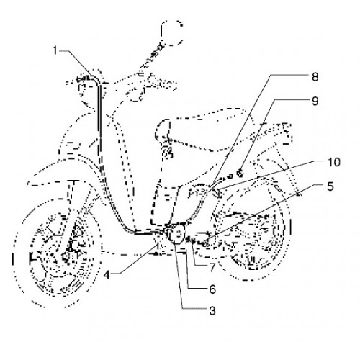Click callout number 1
[x=55, y=50]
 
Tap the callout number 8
[x=315, y=77]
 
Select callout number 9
[x=315, y=101]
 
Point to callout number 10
[x=334, y=162]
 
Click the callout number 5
[x=330, y=186]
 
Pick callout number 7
[x=212, y=268]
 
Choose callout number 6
[x=212, y=289]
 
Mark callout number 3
[x=212, y=311]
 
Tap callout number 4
[x=107, y=275]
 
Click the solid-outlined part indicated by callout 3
[x=177, y=233]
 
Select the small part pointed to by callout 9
[x=240, y=173]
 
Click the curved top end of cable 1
[x=96, y=77]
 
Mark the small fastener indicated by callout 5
[x=204, y=244]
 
